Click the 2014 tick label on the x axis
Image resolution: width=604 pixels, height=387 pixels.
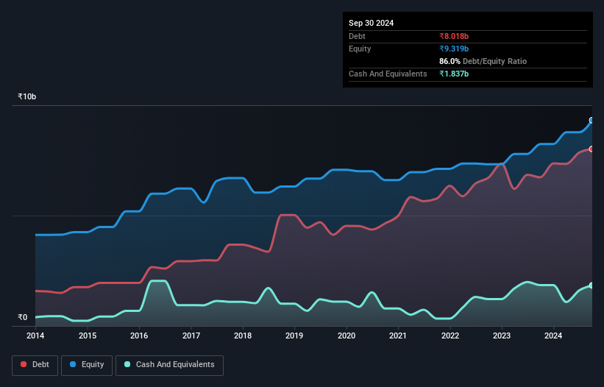35,336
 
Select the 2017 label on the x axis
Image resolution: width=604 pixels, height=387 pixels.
191,336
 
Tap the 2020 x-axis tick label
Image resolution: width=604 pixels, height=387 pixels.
347,336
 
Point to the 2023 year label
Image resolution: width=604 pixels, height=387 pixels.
502,336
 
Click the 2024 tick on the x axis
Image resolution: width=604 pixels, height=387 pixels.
554,336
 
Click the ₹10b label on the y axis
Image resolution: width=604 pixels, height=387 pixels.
27,97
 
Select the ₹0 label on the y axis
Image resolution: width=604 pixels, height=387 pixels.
22,318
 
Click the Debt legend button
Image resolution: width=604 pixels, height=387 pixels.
35,364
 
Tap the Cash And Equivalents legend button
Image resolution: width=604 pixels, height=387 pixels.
169,364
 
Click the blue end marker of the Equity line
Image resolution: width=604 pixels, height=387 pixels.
591,120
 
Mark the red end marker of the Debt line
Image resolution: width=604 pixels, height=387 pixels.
591,149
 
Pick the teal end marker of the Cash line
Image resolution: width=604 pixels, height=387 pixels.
591,285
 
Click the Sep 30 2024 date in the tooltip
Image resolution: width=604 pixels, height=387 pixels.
371,23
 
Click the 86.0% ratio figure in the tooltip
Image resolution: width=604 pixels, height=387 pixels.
450,61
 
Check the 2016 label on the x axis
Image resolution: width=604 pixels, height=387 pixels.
139,336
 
